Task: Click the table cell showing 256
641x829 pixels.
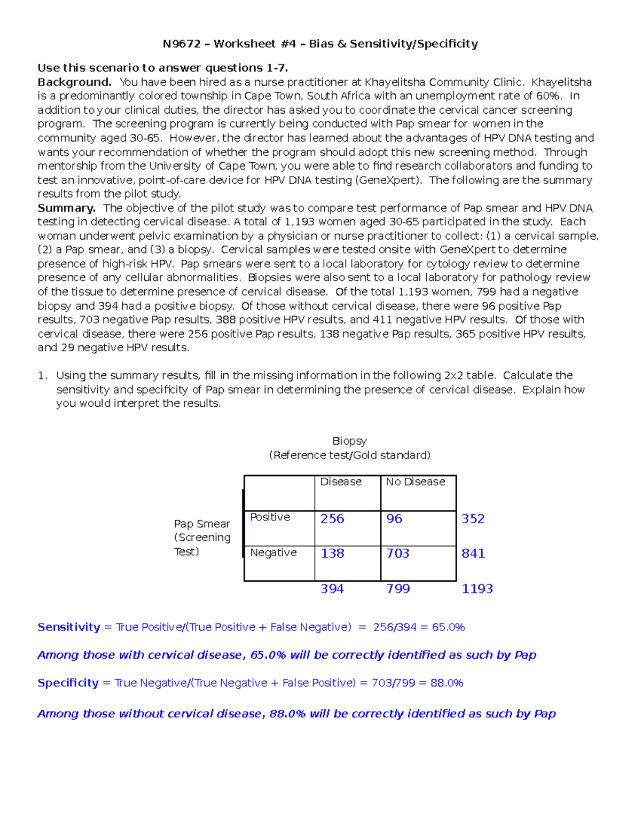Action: click(332, 519)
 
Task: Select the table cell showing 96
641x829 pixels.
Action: click(394, 519)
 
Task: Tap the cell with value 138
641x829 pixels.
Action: click(332, 554)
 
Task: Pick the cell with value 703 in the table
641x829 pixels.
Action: click(398, 554)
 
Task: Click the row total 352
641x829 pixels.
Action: click(473, 519)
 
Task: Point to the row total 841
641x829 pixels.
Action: click(473, 554)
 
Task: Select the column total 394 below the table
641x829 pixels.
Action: click(332, 589)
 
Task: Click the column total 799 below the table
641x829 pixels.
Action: click(398, 589)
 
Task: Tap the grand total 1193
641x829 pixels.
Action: click(477, 589)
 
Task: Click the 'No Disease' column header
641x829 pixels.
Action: click(415, 482)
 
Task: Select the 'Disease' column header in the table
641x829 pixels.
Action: click(341, 482)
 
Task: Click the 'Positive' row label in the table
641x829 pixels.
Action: click(270, 517)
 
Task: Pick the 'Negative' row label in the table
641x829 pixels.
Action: click(273, 552)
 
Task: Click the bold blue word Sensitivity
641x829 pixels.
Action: click(69, 627)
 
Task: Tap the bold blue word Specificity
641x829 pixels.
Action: click(68, 683)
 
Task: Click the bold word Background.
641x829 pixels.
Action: click(74, 82)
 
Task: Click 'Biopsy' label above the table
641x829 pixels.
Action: click(349, 441)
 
